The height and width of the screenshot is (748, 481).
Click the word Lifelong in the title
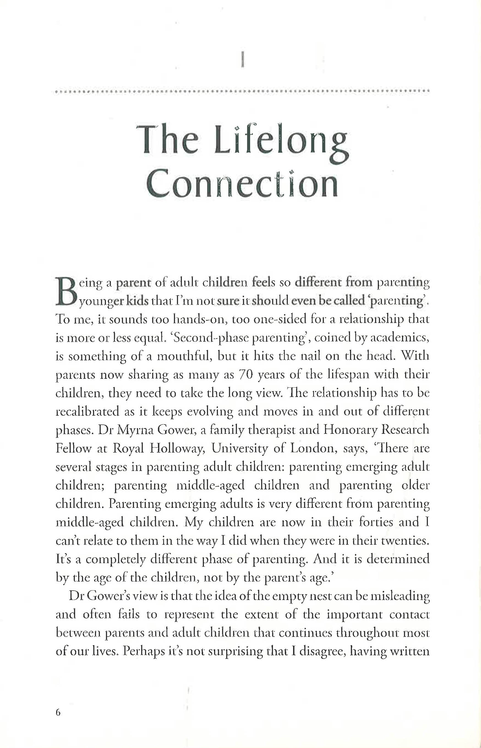click(281, 140)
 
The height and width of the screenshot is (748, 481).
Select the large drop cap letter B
click(66, 291)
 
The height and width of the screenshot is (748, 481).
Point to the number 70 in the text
click(245, 374)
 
